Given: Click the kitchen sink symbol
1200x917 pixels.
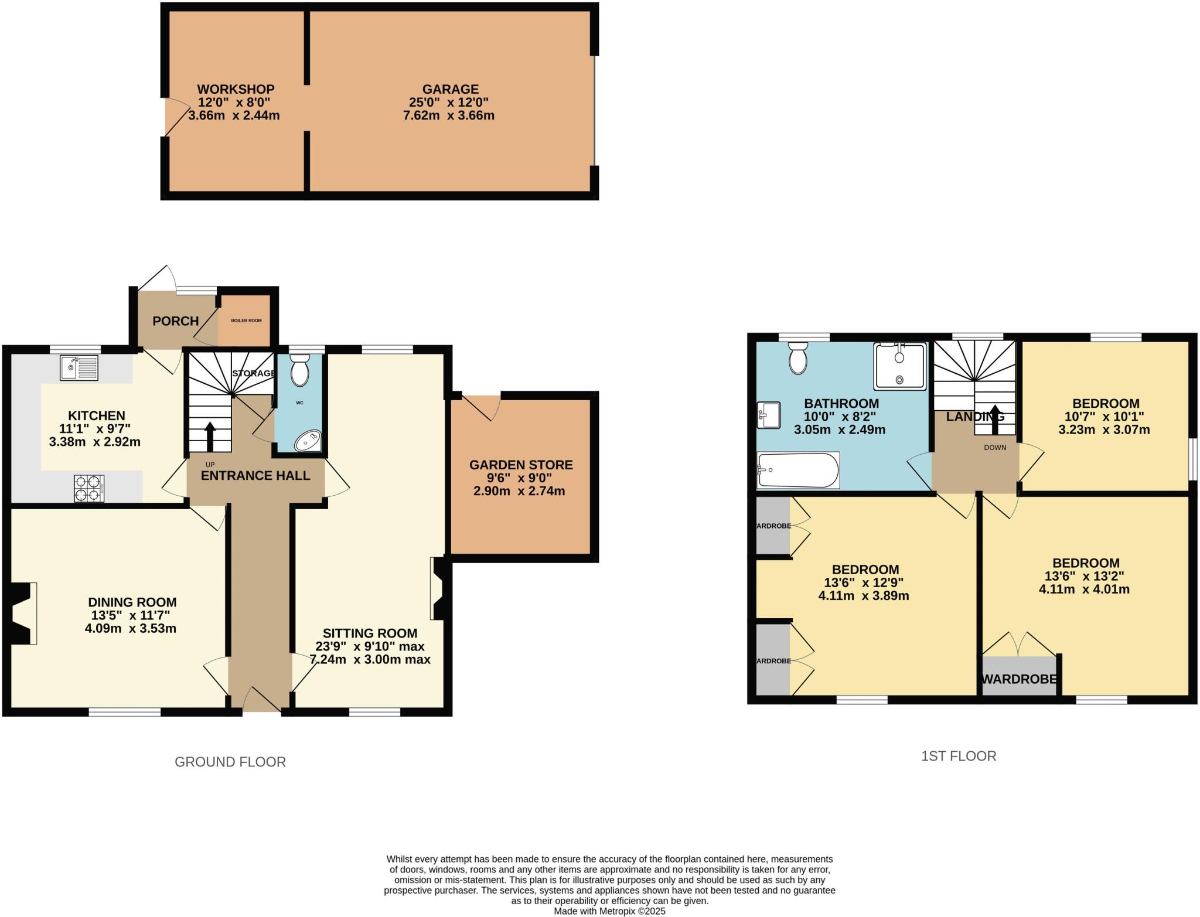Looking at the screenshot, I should tap(79, 368).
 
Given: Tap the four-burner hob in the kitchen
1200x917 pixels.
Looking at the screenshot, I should tap(89, 488).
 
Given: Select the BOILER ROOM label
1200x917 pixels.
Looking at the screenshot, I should tap(246, 321).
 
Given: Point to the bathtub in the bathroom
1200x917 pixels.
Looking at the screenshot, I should tap(798, 470).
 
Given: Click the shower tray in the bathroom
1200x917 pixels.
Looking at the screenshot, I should tap(899, 366).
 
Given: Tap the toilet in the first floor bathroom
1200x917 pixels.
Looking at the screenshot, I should tap(798, 358).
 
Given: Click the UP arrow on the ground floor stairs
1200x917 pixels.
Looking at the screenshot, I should tap(210, 437).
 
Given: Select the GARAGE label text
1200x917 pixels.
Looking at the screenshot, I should tap(450, 89).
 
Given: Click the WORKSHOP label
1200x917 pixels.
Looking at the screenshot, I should tap(236, 89).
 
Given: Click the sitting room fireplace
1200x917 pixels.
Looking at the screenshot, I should tap(438, 588).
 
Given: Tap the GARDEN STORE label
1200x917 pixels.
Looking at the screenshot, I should tap(521, 465).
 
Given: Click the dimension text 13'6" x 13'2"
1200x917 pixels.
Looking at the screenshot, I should tap(1085, 576).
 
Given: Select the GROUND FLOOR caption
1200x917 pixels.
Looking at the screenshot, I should tap(230, 762).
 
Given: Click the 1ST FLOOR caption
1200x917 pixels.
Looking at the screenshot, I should tap(959, 756).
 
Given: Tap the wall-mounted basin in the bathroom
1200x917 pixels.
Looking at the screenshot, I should tap(768, 415).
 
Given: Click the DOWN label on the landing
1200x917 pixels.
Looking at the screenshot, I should tap(995, 447).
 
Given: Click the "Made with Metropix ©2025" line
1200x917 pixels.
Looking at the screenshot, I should tap(609, 911).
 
